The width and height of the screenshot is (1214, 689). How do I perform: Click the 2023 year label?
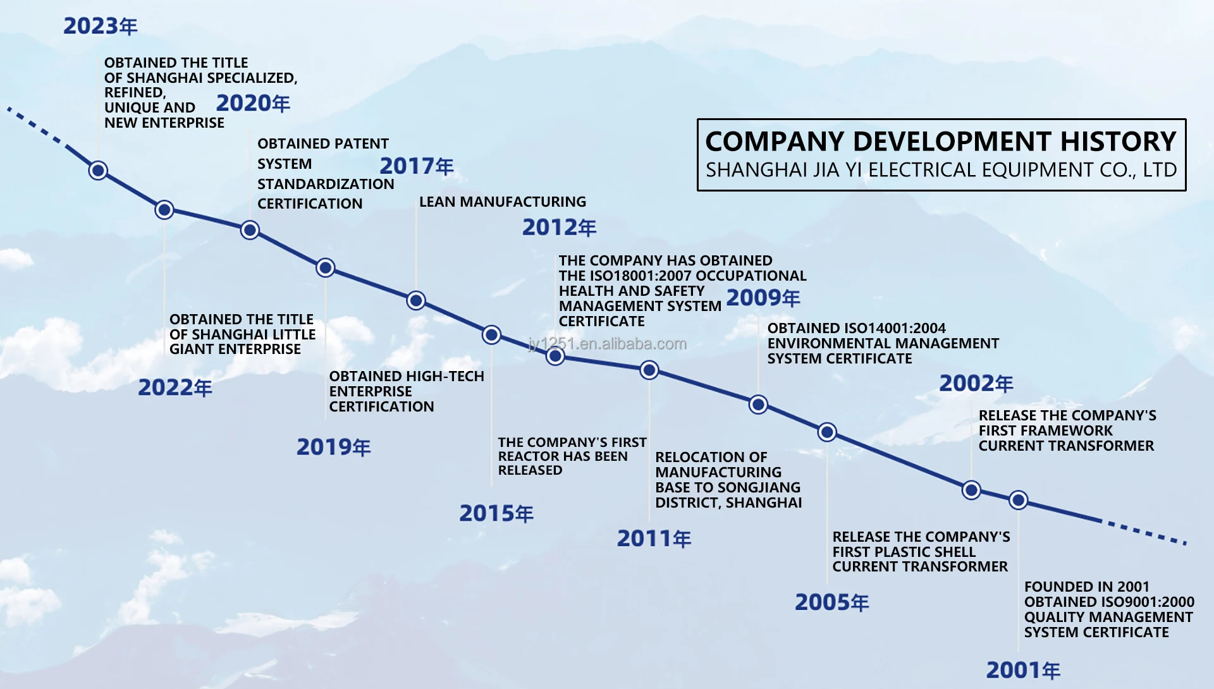click(100, 26)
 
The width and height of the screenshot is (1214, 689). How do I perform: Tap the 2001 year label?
click(1023, 670)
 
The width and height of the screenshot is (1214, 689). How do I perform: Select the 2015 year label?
click(496, 513)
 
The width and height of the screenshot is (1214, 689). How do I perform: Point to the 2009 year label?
click(763, 298)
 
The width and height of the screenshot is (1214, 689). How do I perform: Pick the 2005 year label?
click(832, 602)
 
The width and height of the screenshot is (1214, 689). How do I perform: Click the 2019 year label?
click(334, 448)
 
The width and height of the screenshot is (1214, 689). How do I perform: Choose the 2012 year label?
click(560, 228)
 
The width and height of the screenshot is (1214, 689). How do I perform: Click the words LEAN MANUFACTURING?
click(503, 202)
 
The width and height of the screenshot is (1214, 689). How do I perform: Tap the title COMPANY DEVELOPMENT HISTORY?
click(941, 142)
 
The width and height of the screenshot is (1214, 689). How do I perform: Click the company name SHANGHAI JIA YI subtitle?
click(941, 170)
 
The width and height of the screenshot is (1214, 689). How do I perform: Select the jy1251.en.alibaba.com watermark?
click(607, 344)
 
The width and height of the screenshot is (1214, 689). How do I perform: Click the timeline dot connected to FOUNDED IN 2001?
click(1018, 500)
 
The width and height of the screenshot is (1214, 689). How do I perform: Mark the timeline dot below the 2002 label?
click(971, 490)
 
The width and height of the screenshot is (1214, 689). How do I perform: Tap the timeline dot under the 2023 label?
click(98, 170)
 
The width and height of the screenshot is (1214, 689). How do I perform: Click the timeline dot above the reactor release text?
click(491, 334)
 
